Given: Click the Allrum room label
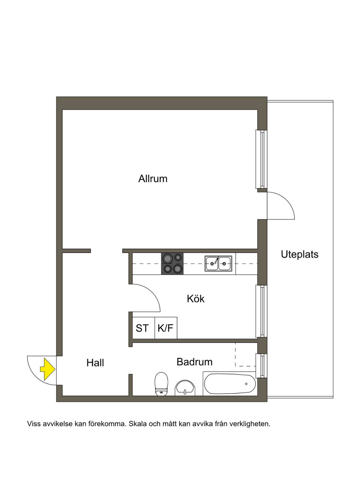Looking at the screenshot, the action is click(153, 179).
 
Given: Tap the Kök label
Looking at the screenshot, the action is click(195, 299).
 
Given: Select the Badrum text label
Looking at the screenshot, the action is click(194, 362).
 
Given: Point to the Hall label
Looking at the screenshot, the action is click(95, 363).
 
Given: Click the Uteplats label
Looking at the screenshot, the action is click(300, 254).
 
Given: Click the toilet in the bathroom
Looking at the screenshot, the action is click(161, 384).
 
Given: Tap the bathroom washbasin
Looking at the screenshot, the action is click(185, 388).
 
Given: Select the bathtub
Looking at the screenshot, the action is click(230, 384).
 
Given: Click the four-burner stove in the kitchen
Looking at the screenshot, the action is click(172, 263).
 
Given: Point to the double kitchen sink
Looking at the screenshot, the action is click(218, 263).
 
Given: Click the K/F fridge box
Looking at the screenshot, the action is click(166, 328).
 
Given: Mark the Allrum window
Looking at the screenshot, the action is click(261, 159).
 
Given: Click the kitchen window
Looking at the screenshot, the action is click(261, 311).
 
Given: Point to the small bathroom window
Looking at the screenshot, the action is click(261, 366).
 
